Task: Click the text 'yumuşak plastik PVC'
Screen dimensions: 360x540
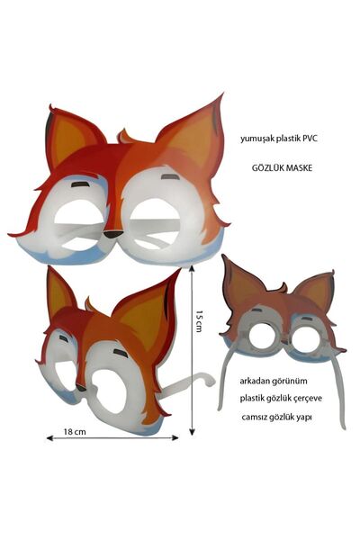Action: point(278,139)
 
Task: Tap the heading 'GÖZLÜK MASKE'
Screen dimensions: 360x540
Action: point(282,168)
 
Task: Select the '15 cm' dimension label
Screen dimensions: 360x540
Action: point(199,321)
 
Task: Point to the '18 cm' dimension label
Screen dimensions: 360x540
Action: point(75,431)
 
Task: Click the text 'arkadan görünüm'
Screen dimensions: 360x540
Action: point(274,382)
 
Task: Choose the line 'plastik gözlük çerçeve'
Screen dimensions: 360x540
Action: point(281,399)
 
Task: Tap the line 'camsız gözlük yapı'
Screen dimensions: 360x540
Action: point(277,418)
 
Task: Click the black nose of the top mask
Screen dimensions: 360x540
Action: point(113,235)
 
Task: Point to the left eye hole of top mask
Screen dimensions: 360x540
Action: point(79,224)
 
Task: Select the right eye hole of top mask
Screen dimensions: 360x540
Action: point(155,224)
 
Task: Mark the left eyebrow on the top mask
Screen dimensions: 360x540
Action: point(81,184)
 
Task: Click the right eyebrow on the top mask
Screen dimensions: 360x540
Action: point(170,177)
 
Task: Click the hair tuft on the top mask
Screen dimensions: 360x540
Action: point(126,137)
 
